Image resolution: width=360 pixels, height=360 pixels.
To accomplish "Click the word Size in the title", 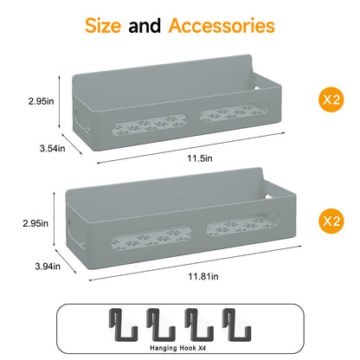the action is point(103,26).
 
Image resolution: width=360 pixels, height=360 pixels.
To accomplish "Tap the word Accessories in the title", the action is point(222,26).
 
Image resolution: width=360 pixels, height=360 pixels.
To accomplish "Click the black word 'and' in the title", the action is point(145,26).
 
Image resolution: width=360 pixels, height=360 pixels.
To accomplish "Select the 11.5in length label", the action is point(200,158).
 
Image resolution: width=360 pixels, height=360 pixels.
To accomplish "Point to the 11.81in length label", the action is point(203,276).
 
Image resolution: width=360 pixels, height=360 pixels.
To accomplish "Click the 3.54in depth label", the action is point(53,149).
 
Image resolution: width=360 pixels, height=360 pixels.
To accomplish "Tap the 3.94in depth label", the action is point(48,267).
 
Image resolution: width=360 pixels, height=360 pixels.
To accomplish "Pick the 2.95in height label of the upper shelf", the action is point(42,101).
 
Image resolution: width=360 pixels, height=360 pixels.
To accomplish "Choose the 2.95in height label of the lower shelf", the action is point(35,223).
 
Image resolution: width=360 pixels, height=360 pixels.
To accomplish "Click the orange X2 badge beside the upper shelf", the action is point(331,100).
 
